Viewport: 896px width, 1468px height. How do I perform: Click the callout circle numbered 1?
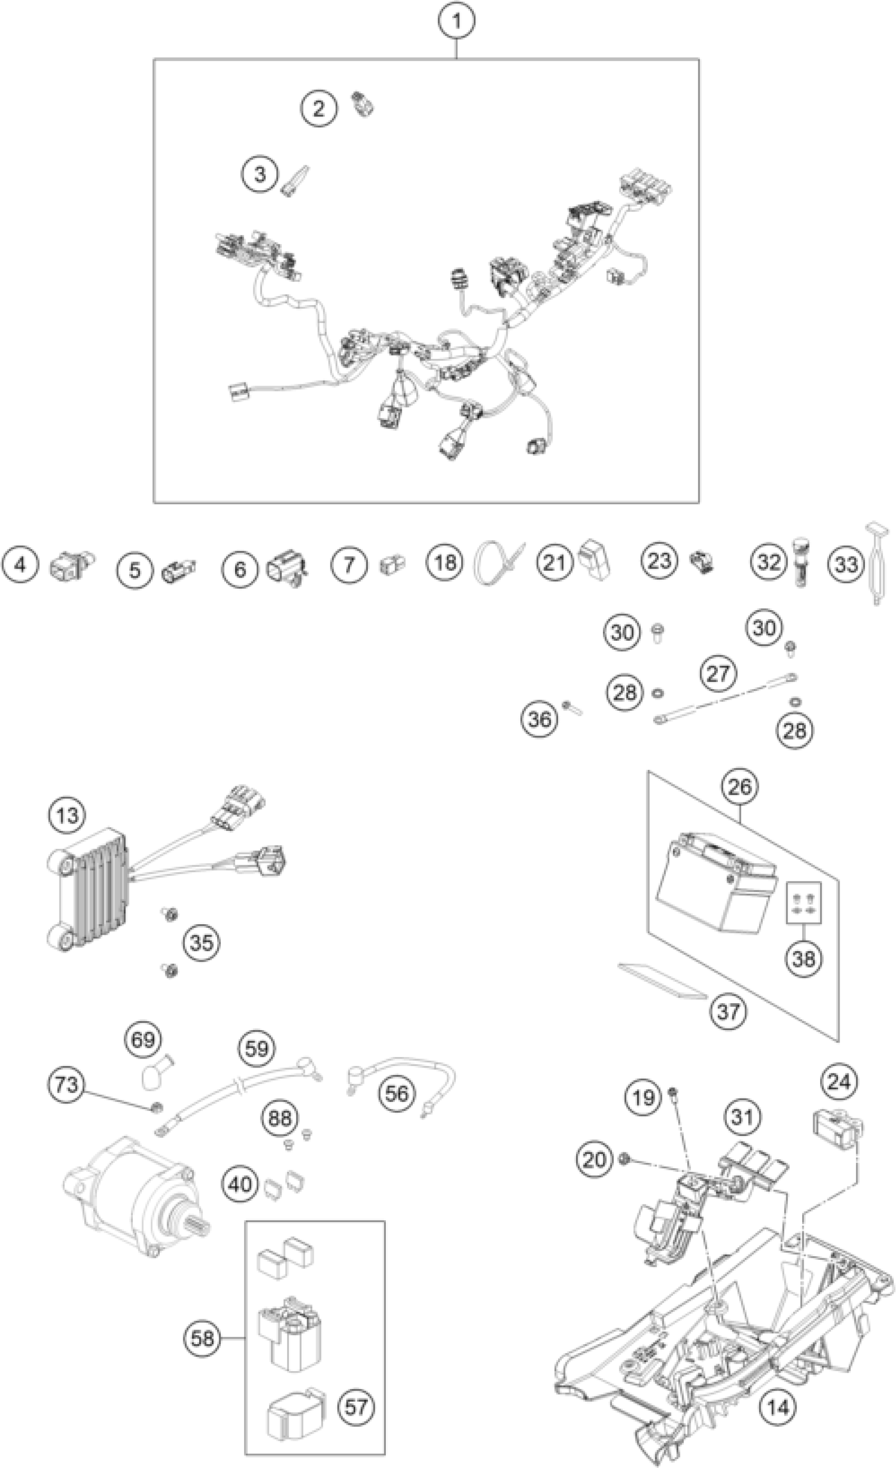click(x=456, y=22)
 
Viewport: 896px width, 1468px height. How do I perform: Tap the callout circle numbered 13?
click(x=67, y=815)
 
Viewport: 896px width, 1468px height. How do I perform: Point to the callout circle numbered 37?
click(x=728, y=1011)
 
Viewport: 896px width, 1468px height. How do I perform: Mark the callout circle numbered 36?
click(x=540, y=719)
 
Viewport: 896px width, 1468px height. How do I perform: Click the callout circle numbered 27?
click(x=718, y=674)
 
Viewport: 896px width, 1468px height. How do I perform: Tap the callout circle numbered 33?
click(x=846, y=564)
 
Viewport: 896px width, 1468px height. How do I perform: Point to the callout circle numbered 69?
click(x=143, y=1040)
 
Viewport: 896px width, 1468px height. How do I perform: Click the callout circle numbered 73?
click(x=66, y=1084)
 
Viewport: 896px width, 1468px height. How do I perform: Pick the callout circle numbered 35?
click(x=201, y=943)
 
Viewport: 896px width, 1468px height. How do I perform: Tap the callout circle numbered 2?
click(x=319, y=109)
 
